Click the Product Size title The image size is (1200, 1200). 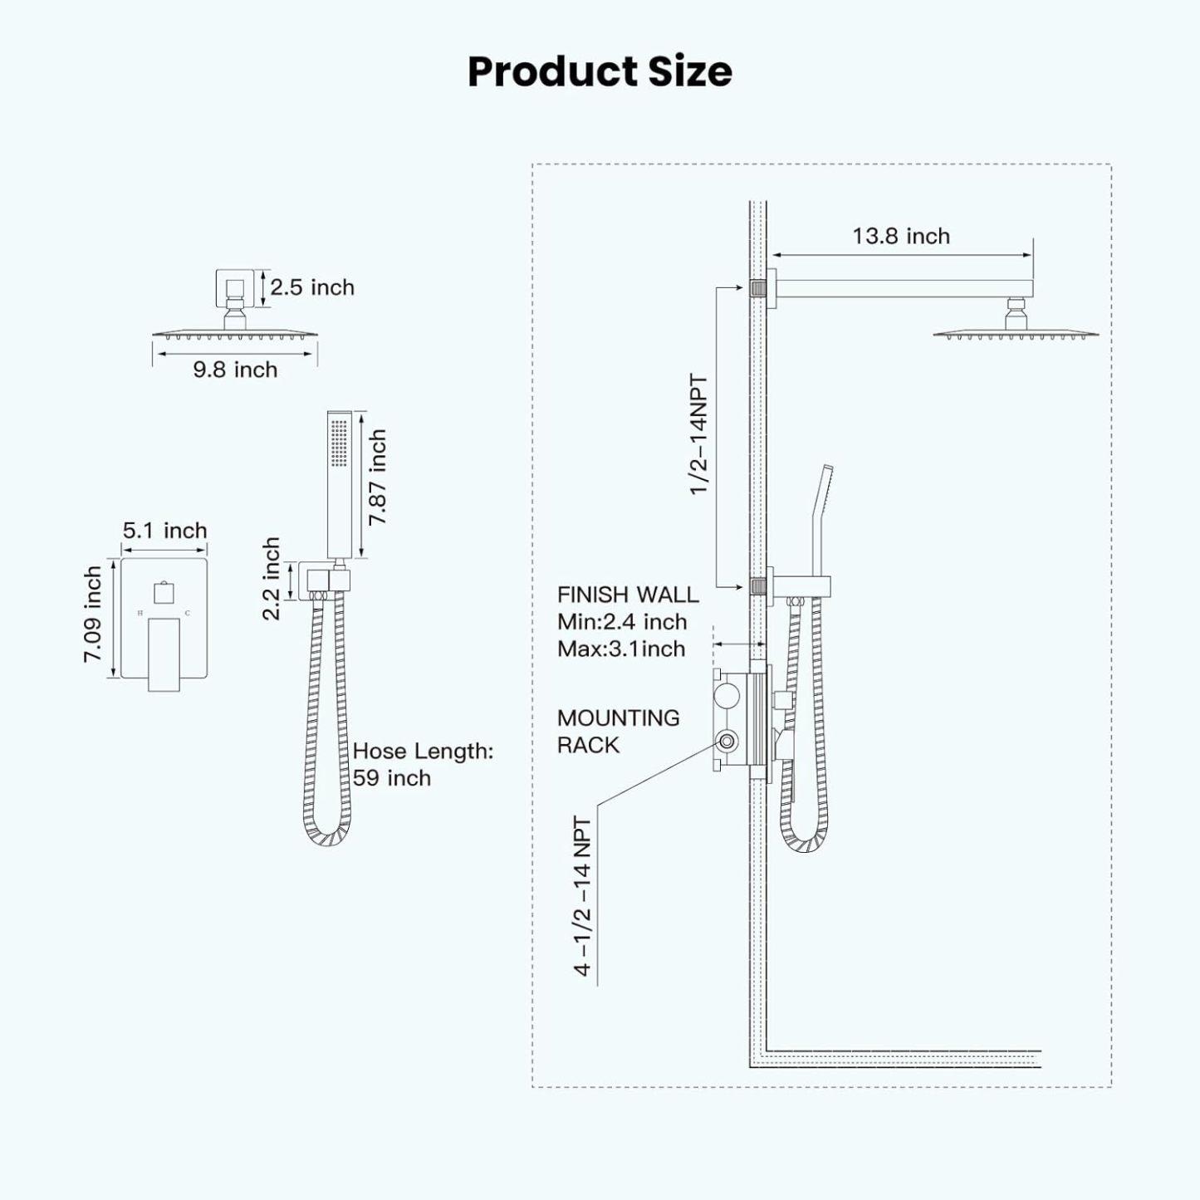(x=600, y=71)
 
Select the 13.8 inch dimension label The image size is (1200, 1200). (x=901, y=237)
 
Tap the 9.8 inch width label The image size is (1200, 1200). (x=235, y=370)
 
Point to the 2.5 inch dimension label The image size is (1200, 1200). (x=312, y=287)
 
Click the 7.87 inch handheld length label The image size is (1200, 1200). (x=378, y=477)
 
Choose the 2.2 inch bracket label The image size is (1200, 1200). (x=272, y=579)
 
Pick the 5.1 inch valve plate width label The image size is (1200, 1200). (x=164, y=531)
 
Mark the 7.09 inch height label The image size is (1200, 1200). (x=93, y=615)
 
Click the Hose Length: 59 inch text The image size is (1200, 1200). (x=423, y=764)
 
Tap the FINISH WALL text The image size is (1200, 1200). (x=628, y=595)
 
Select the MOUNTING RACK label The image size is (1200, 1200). (x=618, y=732)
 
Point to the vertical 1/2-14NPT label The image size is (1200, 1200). (x=699, y=435)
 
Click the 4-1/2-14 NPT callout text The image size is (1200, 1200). (x=583, y=897)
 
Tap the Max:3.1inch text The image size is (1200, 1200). (x=621, y=649)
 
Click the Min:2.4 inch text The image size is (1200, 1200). (x=622, y=622)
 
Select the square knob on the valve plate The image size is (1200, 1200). (x=164, y=593)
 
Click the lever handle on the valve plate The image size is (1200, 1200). (x=164, y=654)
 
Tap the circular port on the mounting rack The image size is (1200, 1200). (x=728, y=742)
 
